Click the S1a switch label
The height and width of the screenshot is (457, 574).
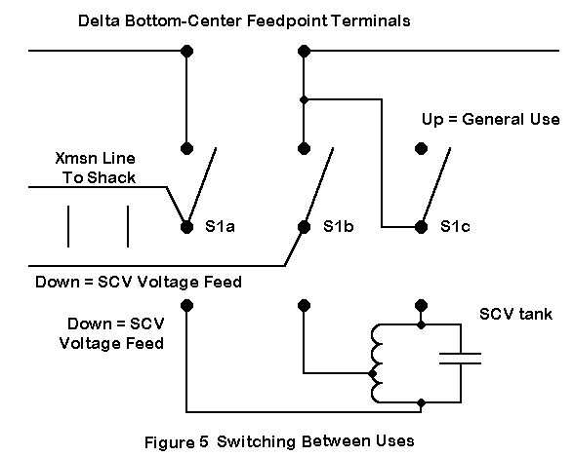tap(220, 226)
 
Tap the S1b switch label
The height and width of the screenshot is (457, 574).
tap(338, 226)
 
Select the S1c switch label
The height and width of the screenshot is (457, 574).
tap(455, 226)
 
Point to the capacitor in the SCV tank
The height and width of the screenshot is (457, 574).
tap(460, 359)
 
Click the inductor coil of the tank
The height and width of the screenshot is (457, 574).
tap(377, 363)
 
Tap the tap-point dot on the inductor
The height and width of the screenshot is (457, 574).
tap(373, 373)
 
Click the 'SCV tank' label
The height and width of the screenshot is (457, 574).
tap(515, 314)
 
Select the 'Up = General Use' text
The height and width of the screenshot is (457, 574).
tap(490, 120)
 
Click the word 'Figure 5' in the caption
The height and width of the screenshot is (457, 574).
tap(177, 442)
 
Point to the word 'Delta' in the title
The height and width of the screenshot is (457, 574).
tap(99, 20)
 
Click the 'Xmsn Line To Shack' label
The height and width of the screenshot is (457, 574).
tap(96, 168)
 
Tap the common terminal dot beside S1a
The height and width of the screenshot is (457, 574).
tap(186, 227)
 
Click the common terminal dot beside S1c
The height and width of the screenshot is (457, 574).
tap(421, 227)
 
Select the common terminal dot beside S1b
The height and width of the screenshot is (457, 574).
tap(304, 227)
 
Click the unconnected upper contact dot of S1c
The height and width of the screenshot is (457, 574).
tap(421, 148)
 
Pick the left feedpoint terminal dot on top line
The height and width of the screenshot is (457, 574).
tap(186, 51)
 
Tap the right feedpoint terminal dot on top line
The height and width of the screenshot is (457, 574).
tap(304, 51)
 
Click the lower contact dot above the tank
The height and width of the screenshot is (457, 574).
tap(421, 305)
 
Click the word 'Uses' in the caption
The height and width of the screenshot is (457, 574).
tap(397, 441)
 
